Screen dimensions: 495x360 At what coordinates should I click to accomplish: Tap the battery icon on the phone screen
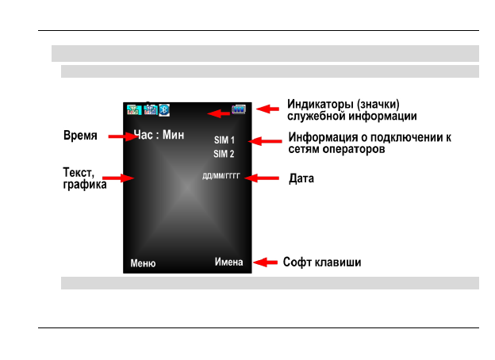tap(239, 109)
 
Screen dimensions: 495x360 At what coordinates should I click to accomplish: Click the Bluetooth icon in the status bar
tap(164, 109)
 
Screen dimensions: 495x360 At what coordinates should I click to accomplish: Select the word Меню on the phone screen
tap(143, 263)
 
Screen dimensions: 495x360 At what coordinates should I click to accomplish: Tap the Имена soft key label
tap(228, 262)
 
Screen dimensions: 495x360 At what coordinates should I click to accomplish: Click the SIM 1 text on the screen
tap(224, 140)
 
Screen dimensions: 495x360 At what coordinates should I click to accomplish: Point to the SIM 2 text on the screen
tap(224, 154)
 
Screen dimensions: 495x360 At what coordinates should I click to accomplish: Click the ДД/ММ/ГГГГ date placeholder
tap(221, 176)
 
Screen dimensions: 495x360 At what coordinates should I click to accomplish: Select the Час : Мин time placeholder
tap(159, 135)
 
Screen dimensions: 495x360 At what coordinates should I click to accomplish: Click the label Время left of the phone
tap(80, 136)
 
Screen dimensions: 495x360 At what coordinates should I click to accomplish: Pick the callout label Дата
tap(301, 179)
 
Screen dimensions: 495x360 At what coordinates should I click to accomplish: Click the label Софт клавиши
tap(322, 262)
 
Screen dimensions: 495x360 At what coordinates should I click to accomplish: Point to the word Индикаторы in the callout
tap(320, 104)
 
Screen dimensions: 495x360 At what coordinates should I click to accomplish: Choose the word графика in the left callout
tap(85, 185)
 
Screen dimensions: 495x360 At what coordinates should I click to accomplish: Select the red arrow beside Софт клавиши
tap(265, 262)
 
